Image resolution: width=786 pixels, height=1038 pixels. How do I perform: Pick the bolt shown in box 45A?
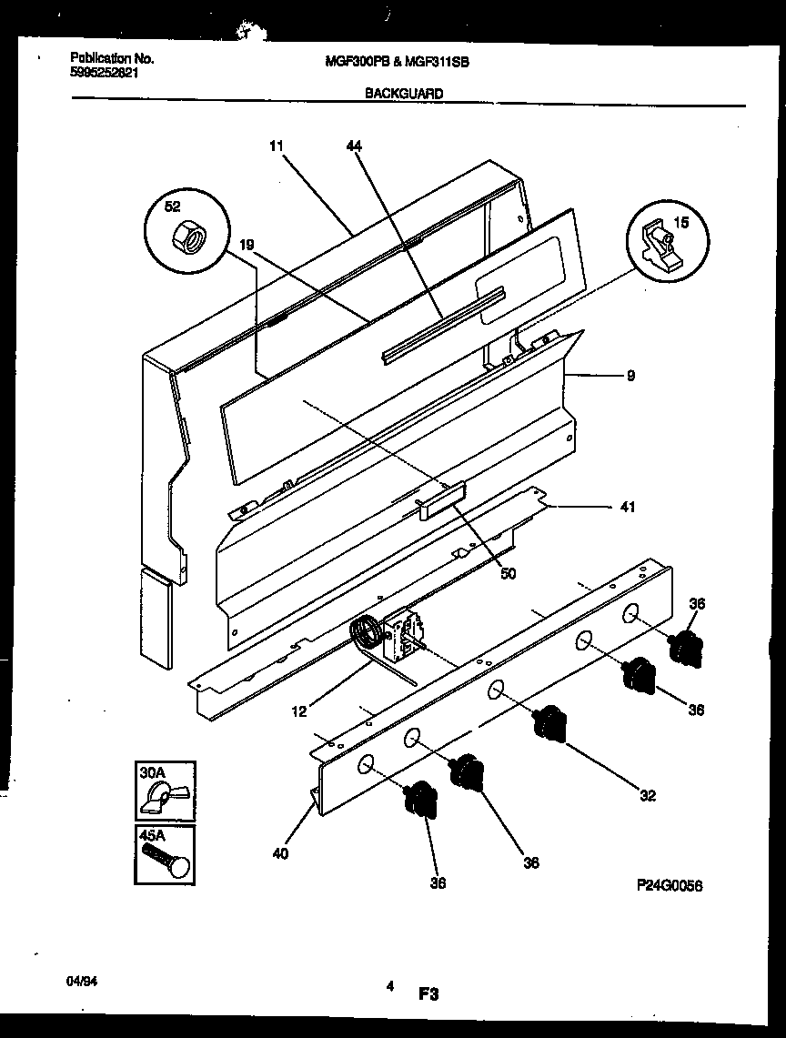pos(165,860)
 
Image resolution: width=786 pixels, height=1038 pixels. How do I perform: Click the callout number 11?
pos(277,145)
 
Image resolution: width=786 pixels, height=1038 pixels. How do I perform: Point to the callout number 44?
pos(354,145)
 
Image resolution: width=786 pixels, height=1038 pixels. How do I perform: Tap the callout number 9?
pos(630,374)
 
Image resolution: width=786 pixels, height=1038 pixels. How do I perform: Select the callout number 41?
pos(628,508)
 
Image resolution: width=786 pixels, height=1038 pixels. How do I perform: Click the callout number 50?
pos(508,573)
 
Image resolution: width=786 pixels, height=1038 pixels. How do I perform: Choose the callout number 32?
pos(648,796)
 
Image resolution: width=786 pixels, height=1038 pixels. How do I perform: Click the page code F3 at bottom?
pos(428,995)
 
